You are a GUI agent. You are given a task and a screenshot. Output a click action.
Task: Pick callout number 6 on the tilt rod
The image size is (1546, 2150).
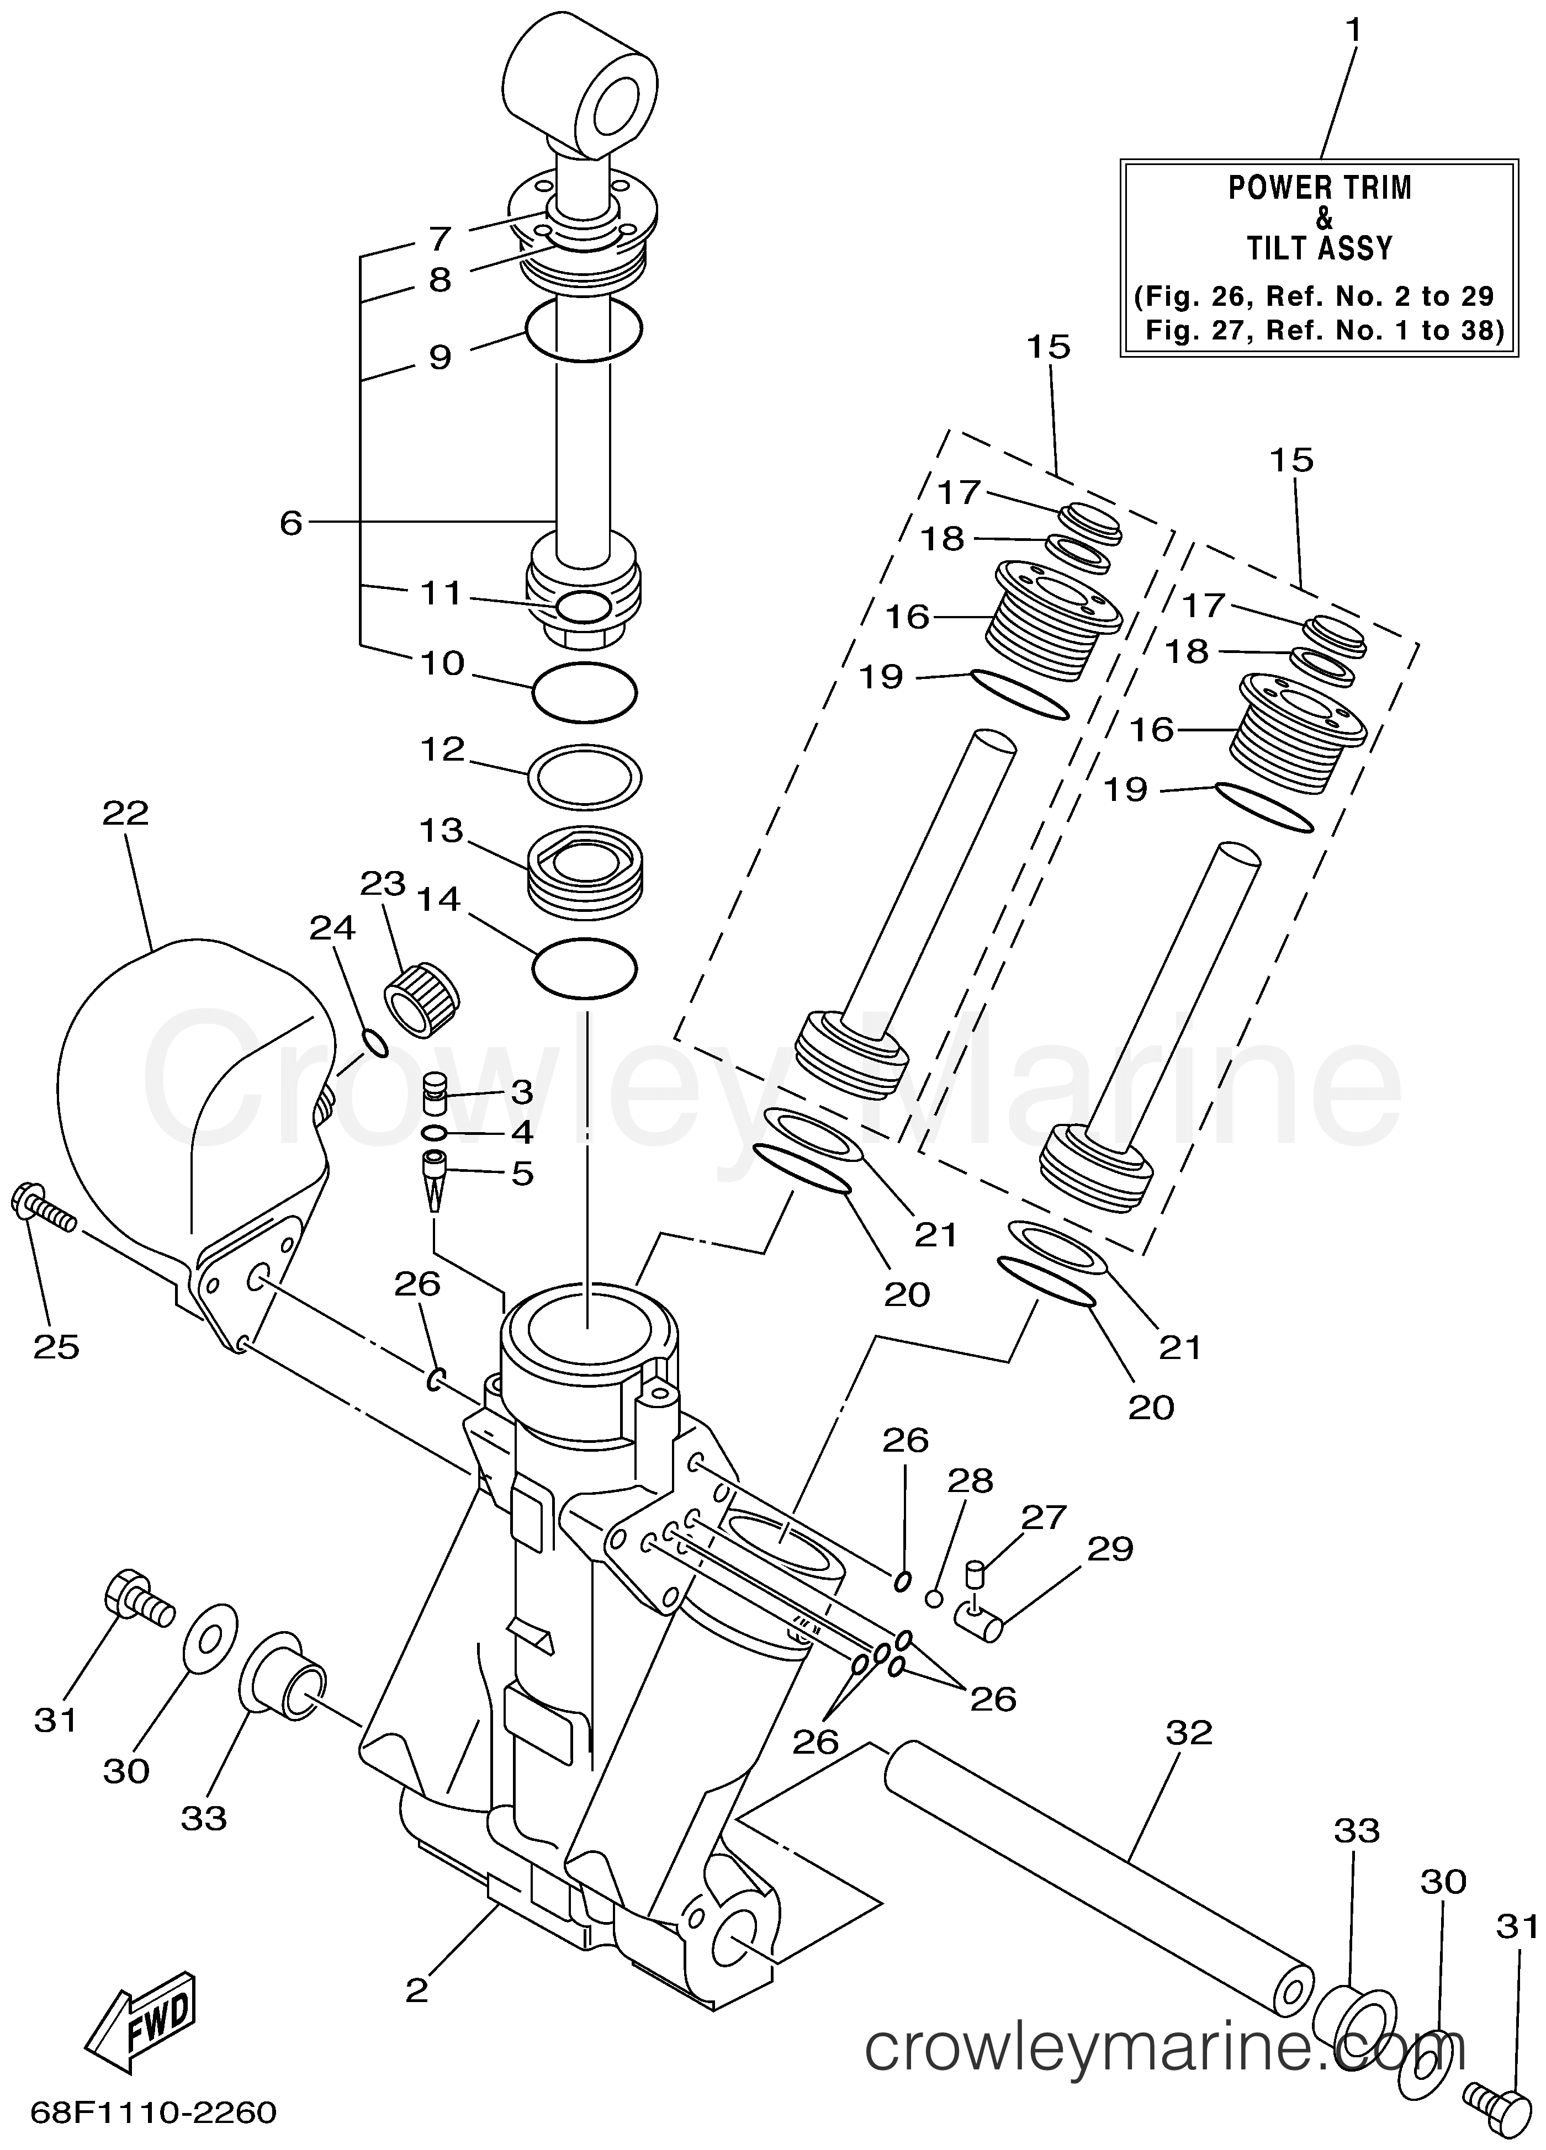click(x=290, y=522)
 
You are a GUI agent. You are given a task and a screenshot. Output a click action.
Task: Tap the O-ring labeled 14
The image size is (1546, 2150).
click(x=584, y=968)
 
